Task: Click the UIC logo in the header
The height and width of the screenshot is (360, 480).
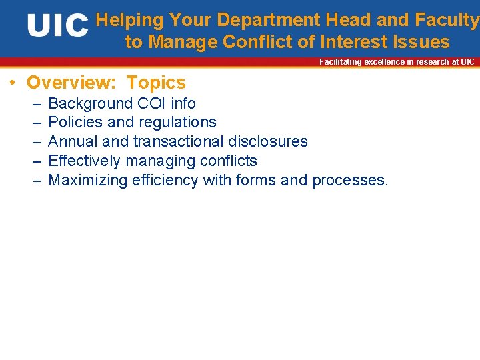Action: pos(57,26)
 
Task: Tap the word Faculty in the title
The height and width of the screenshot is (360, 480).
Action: pos(447,21)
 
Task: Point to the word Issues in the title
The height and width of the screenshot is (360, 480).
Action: pos(421,42)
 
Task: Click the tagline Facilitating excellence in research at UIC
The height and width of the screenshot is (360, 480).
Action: pos(397,62)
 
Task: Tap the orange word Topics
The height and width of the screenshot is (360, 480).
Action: pos(156,83)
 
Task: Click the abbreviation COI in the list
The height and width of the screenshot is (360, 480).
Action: pos(152,103)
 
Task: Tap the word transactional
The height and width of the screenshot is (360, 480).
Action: pos(179,141)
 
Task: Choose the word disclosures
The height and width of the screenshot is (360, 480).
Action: pos(268,141)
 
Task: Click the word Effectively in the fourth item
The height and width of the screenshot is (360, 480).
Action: pos(83,161)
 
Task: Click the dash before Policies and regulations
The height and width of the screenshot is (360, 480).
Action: pos(35,123)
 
